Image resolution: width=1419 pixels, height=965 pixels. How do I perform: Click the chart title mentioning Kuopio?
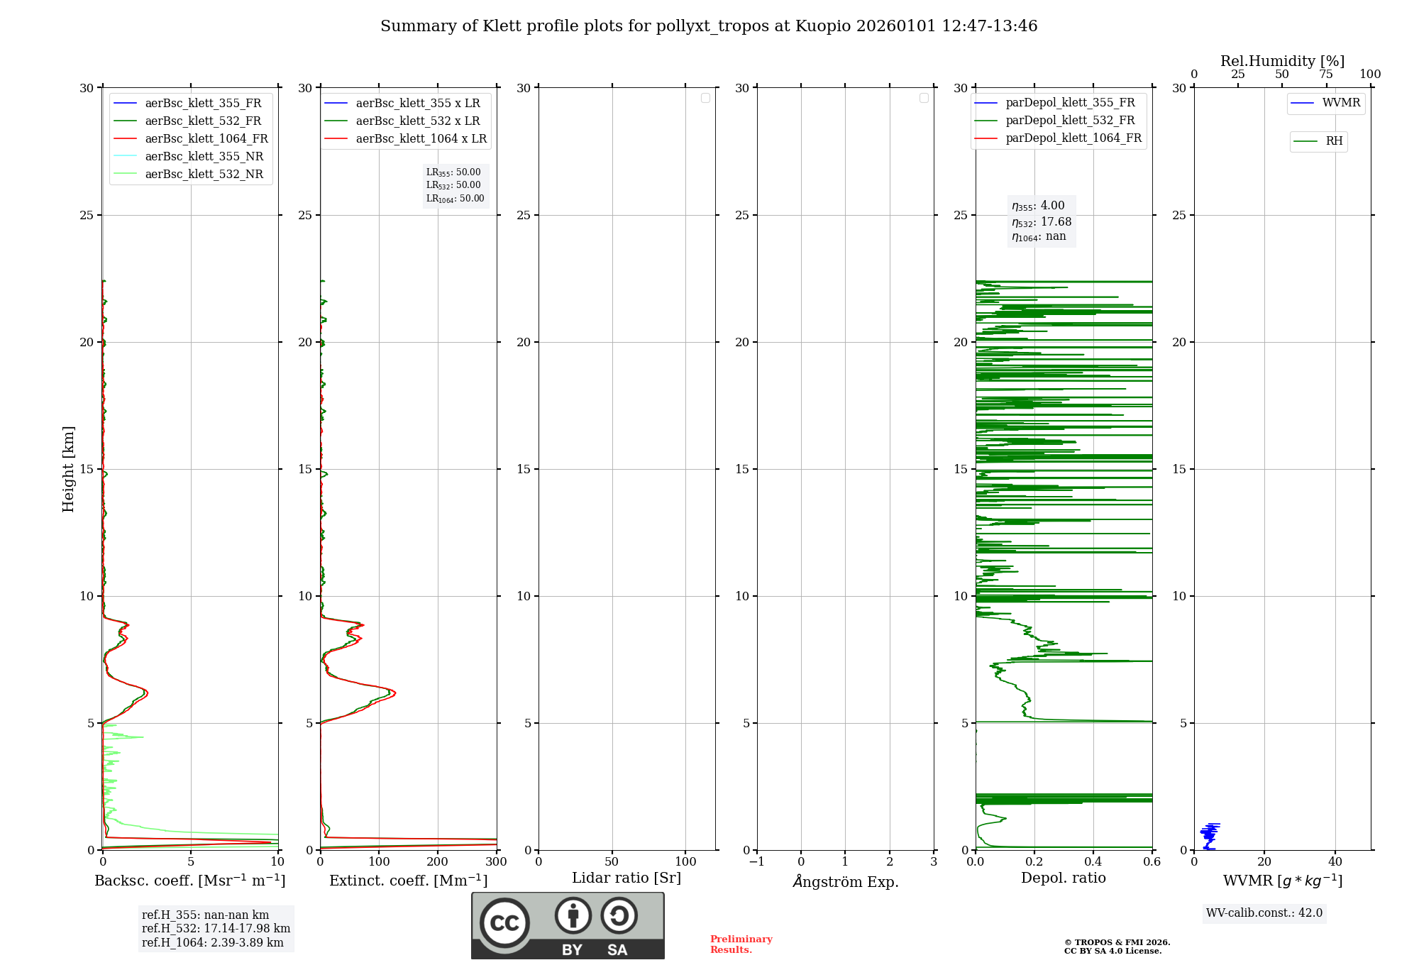pos(709,26)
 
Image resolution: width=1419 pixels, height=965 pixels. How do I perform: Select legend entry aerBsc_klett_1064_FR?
pos(206,138)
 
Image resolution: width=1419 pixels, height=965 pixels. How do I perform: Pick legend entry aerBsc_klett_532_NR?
pos(204,174)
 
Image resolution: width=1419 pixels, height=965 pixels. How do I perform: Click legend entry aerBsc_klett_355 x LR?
pos(417,103)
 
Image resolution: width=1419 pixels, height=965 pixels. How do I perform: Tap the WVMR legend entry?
pos(1340,103)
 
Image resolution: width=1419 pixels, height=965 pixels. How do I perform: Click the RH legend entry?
pos(1333,141)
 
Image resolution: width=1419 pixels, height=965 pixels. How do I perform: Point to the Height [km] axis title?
pos(68,468)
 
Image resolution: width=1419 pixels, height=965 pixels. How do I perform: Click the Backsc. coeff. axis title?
pos(190,881)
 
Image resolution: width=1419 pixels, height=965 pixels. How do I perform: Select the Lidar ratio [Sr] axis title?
pos(626,878)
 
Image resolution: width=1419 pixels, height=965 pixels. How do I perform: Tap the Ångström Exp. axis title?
pos(845,881)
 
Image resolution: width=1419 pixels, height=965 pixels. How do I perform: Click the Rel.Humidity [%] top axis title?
pos(1282,61)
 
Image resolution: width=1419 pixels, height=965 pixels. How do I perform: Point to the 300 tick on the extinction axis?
pos(496,861)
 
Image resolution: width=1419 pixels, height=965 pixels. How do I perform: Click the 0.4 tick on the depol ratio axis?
pos(1093,861)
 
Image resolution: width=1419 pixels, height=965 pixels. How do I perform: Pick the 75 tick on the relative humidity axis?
pos(1325,74)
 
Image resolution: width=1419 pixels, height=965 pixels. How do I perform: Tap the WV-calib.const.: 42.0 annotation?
pos(1264,912)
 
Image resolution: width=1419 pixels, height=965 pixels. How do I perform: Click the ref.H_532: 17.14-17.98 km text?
pos(216,928)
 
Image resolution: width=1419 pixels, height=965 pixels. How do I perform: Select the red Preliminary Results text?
pos(741,944)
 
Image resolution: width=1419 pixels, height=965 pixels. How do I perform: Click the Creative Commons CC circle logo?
pos(504,923)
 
